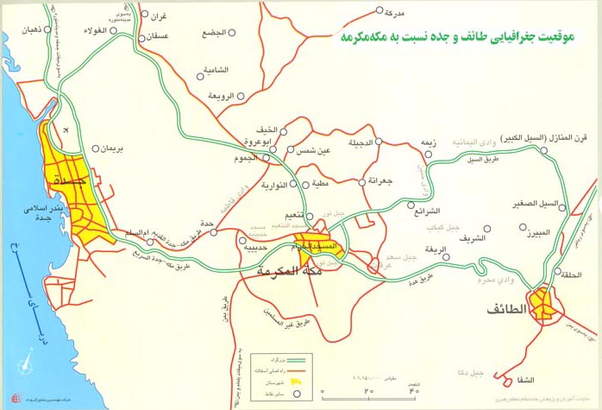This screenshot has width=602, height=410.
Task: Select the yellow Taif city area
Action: point(544,304)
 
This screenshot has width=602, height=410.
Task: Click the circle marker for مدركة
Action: point(380,11)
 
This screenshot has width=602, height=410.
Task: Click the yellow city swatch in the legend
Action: point(298,377)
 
